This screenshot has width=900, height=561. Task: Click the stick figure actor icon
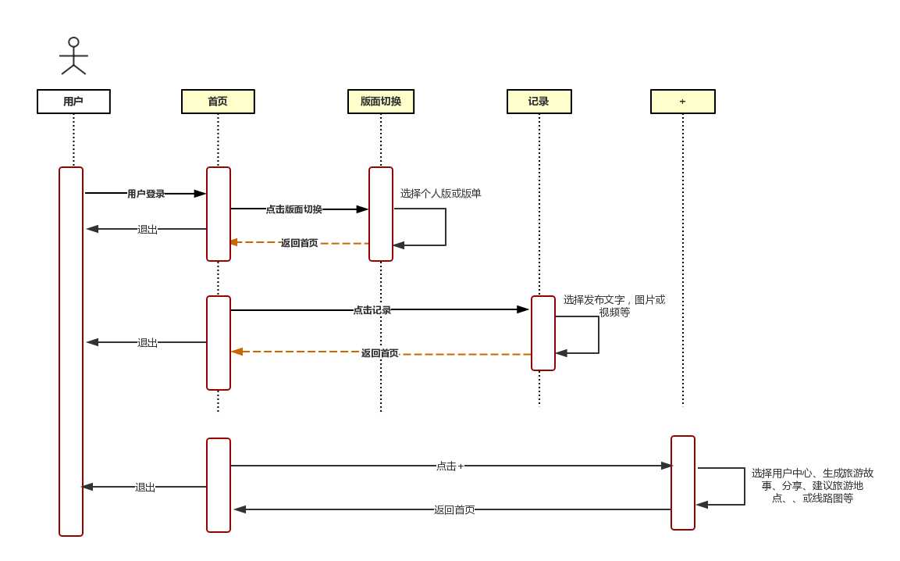(x=73, y=56)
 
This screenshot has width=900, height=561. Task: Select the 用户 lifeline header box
(x=73, y=102)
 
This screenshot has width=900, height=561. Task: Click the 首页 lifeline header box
(x=218, y=102)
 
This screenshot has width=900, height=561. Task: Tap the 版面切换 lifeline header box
(x=381, y=102)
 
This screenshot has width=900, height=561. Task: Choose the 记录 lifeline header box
(x=539, y=102)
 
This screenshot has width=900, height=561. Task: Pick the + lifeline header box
(x=682, y=102)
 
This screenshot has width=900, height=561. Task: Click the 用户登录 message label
(x=146, y=194)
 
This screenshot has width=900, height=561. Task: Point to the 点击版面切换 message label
(x=293, y=209)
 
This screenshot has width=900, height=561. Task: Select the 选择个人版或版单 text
(x=440, y=193)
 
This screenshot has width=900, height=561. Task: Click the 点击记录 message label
(x=372, y=310)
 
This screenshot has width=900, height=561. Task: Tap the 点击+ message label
(x=450, y=466)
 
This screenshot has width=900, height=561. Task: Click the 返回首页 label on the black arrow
(x=454, y=510)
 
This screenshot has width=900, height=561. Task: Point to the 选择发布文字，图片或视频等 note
(x=614, y=306)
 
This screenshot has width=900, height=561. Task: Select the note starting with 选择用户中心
(x=812, y=485)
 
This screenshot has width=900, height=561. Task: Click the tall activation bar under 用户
(x=71, y=352)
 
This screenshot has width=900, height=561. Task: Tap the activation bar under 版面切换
(x=381, y=214)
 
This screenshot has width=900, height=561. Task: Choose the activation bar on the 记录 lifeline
(x=543, y=333)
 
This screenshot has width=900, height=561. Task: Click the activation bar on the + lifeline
(x=683, y=483)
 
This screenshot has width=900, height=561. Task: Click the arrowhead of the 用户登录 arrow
(x=200, y=194)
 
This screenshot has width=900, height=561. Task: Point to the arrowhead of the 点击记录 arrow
(x=523, y=309)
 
